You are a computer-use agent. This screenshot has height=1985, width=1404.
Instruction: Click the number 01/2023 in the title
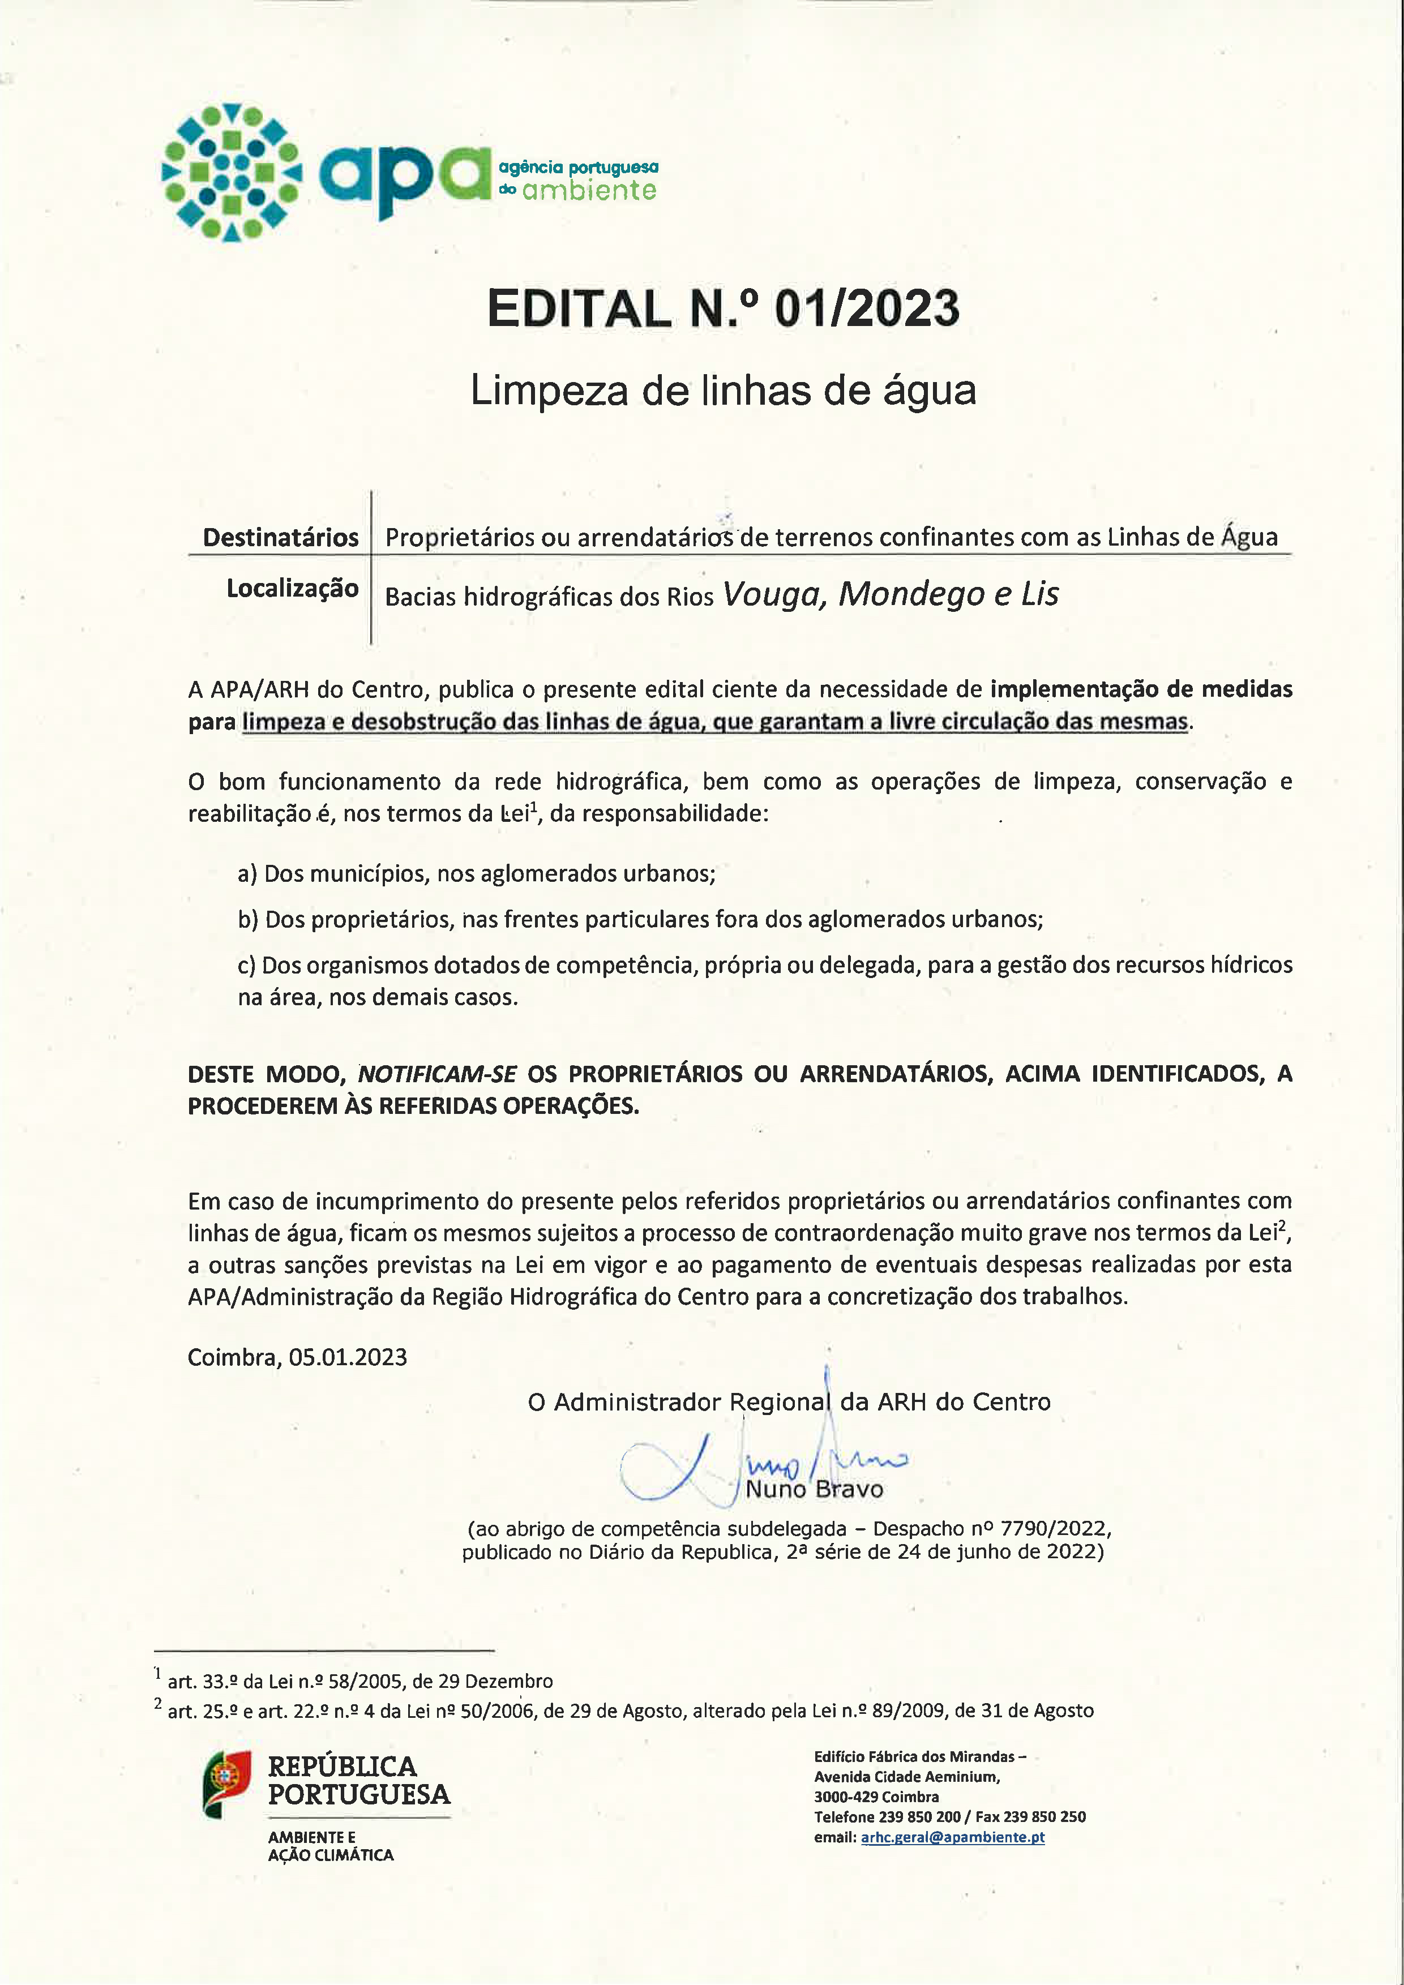pyautogui.click(x=866, y=308)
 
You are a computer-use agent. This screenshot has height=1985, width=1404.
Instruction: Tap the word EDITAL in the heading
pyautogui.click(x=579, y=308)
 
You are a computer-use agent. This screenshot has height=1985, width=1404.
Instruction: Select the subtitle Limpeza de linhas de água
pyautogui.click(x=723, y=390)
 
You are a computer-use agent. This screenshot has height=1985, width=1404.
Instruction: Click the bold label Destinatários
pyautogui.click(x=280, y=537)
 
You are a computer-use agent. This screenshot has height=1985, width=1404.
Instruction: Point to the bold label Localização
pyautogui.click(x=292, y=588)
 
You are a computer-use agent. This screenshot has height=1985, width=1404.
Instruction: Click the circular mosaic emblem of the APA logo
pyautogui.click(x=232, y=172)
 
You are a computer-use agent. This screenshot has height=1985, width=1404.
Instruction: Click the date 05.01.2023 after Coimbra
pyautogui.click(x=348, y=1357)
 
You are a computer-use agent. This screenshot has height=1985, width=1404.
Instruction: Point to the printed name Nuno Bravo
pyautogui.click(x=815, y=1489)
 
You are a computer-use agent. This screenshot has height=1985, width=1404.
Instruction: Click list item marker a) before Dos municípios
pyautogui.click(x=247, y=873)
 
